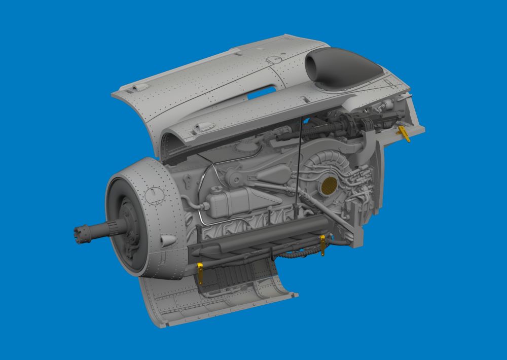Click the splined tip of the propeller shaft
click(x=80, y=234)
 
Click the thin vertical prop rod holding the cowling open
click(x=299, y=157)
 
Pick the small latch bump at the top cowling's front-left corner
click(x=134, y=88)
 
